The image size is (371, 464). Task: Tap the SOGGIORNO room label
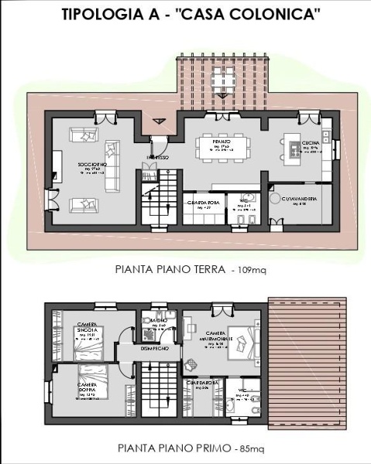point(91,165)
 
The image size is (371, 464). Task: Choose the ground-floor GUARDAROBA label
point(204,203)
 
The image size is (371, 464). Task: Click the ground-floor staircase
point(161,197)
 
